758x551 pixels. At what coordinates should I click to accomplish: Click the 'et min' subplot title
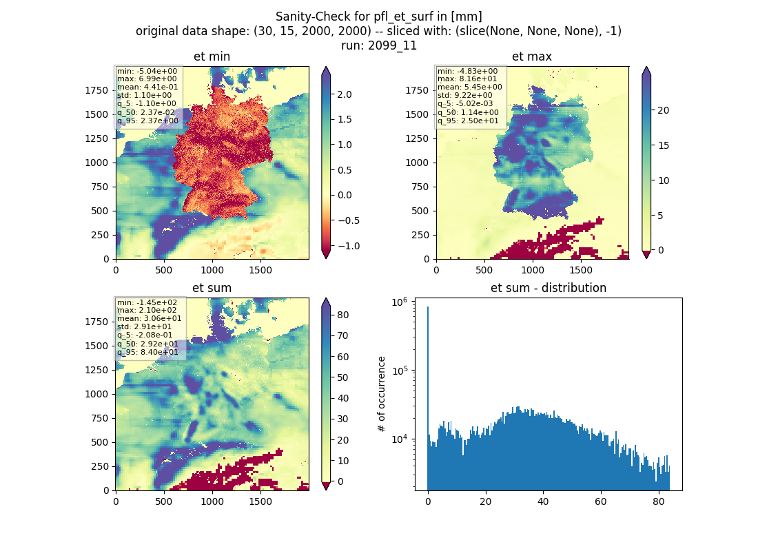pos(212,56)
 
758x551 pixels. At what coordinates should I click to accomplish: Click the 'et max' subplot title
pos(532,56)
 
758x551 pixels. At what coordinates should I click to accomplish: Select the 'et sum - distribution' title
pos(549,288)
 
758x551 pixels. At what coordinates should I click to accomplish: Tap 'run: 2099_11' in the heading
pos(378,45)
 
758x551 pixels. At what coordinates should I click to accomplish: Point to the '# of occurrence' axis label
pos(382,395)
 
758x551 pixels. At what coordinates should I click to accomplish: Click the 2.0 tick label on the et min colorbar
pos(345,94)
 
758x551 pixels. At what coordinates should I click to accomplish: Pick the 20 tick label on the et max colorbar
pos(663,110)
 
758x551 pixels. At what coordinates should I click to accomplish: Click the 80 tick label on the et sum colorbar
pos(342,315)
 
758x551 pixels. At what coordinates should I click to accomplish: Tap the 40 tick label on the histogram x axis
pos(543,501)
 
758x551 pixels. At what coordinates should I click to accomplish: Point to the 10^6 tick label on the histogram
pos(400,302)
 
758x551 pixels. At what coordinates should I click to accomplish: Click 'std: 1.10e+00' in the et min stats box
pos(144,95)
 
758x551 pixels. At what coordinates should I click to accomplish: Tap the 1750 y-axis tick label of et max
pos(417,90)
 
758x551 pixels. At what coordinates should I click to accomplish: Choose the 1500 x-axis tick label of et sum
pos(260,501)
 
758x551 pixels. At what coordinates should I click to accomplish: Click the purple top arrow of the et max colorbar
pos(646,72)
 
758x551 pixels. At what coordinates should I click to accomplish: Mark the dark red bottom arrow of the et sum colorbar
pos(326,486)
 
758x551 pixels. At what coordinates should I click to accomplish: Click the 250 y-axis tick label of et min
pos(100,235)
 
